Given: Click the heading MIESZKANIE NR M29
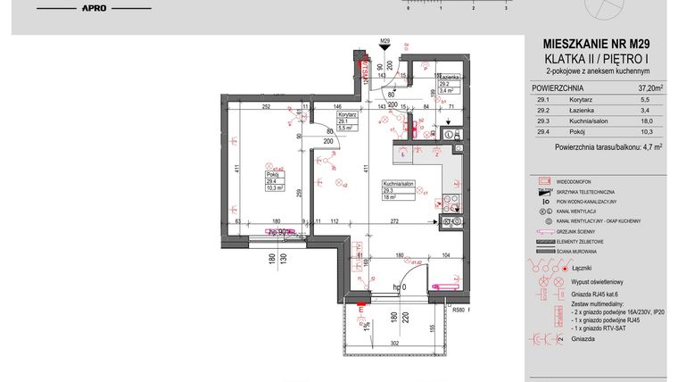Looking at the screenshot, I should [x=596, y=43].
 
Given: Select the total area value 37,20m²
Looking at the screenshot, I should [x=649, y=88].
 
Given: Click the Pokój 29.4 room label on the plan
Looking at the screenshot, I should [x=274, y=178].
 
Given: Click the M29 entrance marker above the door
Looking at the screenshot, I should [x=385, y=41].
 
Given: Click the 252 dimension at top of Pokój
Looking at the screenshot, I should [x=266, y=106].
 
